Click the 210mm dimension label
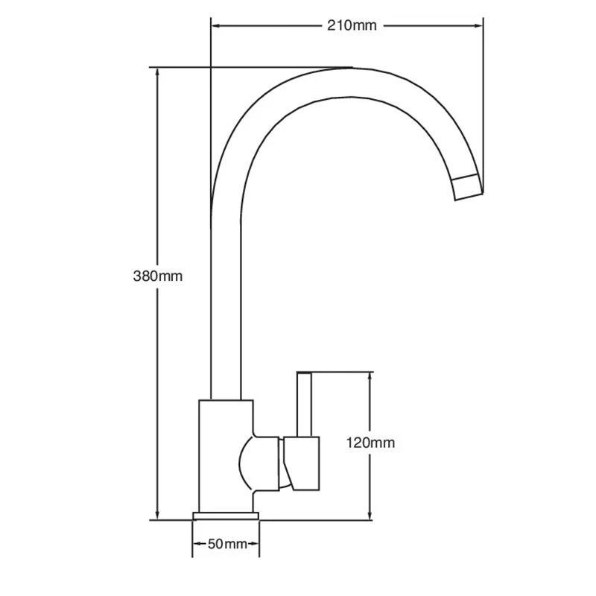(x=352, y=26)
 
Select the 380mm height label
(x=157, y=276)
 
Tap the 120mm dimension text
(x=370, y=443)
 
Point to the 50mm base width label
(x=226, y=544)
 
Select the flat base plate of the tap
(x=226, y=516)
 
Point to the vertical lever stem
(x=304, y=405)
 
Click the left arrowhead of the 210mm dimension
(x=216, y=26)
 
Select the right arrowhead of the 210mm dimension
(x=480, y=26)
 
